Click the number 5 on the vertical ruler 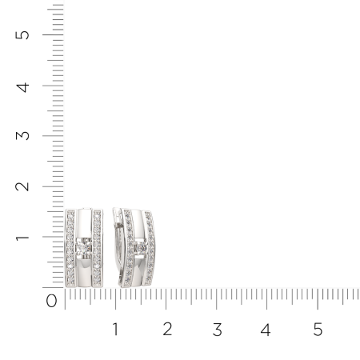22,35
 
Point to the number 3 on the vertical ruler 22,136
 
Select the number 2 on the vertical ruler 22,186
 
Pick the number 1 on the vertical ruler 22,238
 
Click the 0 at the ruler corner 51,301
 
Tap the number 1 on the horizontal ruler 115,329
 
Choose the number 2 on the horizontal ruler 167,329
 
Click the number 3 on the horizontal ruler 218,330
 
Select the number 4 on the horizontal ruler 266,330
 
